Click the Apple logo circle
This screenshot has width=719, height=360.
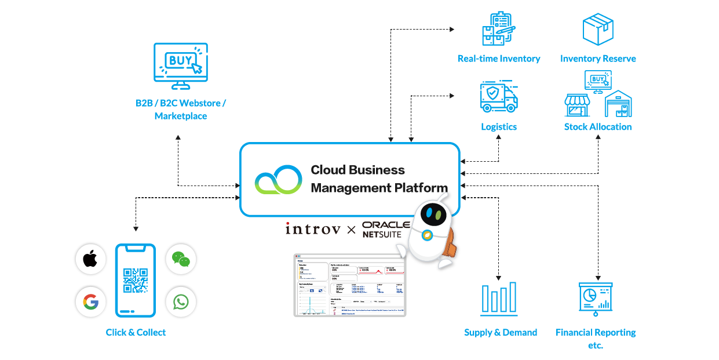point(90,259)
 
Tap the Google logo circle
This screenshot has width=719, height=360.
point(90,302)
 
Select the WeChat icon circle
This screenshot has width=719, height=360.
point(181,259)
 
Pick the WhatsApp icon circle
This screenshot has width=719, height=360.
point(181,302)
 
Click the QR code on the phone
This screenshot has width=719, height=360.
point(136,281)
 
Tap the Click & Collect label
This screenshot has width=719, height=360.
point(136,332)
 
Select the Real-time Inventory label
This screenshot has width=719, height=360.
point(499,59)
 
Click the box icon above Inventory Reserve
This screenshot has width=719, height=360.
point(598,30)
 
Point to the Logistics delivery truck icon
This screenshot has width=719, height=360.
point(499,97)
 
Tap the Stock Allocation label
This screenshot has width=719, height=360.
point(598,127)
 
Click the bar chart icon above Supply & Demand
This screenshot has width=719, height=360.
point(499,298)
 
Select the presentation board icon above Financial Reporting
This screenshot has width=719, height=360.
point(596,299)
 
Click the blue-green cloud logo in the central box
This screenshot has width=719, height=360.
point(279,180)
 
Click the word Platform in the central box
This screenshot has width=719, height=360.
point(421,188)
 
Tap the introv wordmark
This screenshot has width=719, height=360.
point(312,229)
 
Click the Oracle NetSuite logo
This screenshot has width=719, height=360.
point(385,229)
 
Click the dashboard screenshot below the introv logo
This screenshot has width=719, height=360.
point(350,285)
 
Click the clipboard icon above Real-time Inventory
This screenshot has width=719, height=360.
point(498,28)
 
